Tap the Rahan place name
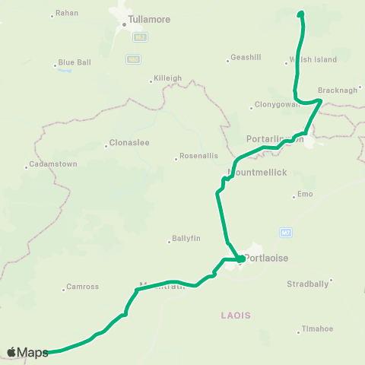tap(68, 13)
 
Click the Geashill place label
tap(246, 58)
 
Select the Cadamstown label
tap(49, 164)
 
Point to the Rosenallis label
tap(194, 157)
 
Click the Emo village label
tap(304, 195)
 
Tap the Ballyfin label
tap(182, 241)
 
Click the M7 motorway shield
tap(286, 232)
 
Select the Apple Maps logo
tap(27, 352)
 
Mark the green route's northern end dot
tap(300, 14)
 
